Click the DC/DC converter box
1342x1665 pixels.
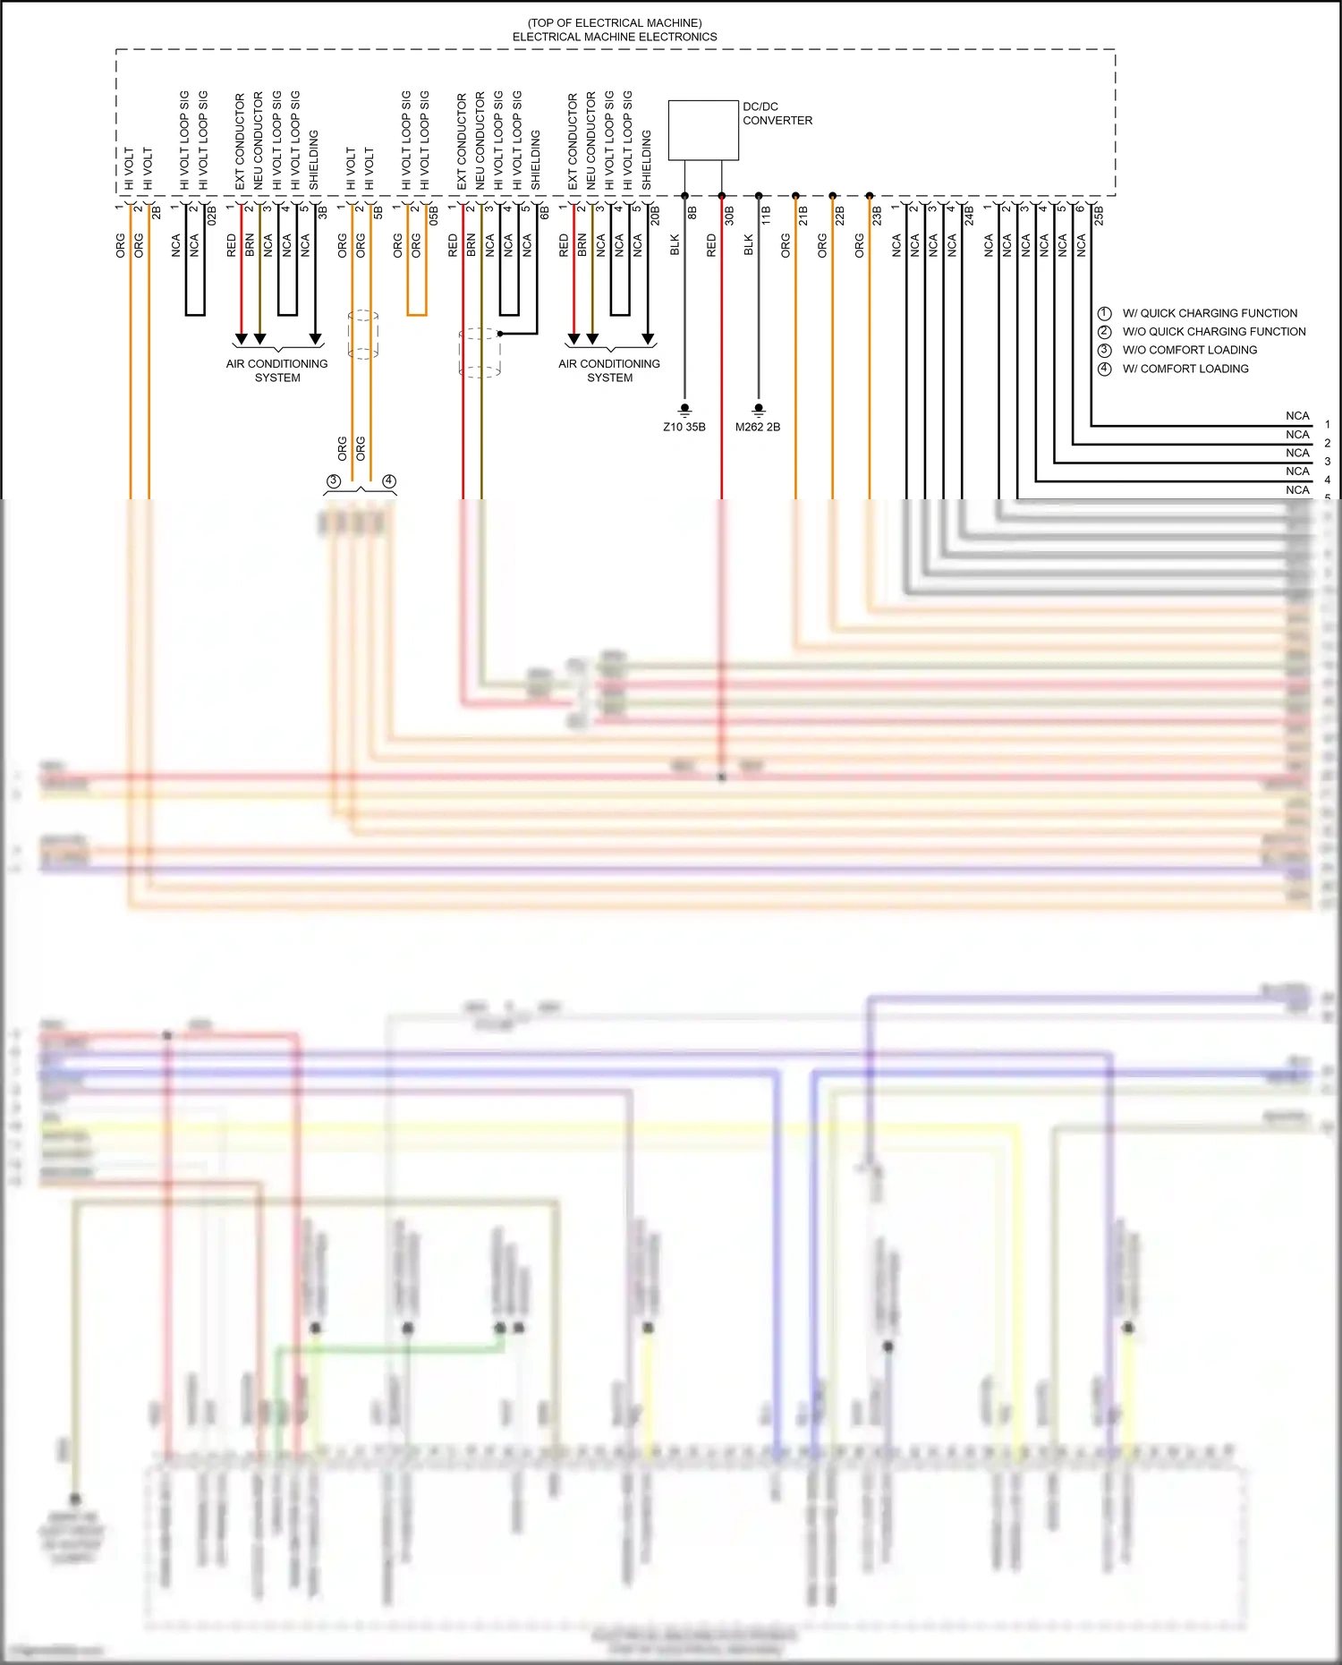[703, 131]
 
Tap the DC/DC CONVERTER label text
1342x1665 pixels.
[777, 114]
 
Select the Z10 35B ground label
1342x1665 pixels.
[684, 427]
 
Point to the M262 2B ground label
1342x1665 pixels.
[757, 427]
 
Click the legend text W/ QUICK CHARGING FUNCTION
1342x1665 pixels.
[1209, 313]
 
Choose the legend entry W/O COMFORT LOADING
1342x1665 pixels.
[1189, 350]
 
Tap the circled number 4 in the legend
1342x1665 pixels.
[1105, 369]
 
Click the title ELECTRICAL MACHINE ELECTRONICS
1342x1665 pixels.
[615, 37]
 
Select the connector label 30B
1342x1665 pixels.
[729, 215]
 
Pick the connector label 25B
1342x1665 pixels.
[1099, 215]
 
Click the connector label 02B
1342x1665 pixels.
[212, 215]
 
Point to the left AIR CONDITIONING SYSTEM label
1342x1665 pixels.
[276, 370]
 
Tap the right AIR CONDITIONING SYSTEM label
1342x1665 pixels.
[609, 370]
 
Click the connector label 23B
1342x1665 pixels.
[877, 215]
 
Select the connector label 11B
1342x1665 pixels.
[766, 215]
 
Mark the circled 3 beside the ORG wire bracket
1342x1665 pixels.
[333, 481]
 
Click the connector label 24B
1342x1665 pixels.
[969, 215]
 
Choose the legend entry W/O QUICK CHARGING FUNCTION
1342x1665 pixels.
[1213, 331]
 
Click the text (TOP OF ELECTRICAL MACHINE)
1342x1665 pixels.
[615, 22]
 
